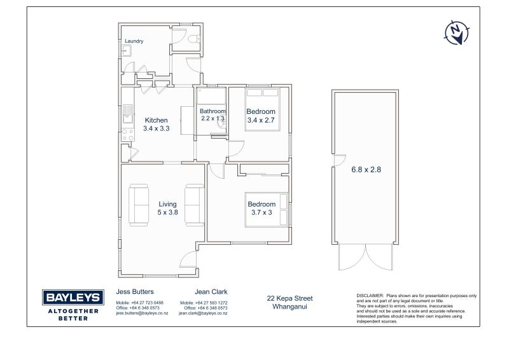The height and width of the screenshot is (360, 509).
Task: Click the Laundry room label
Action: point(134,41)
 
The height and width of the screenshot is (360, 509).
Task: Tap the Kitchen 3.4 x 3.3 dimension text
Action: point(156,128)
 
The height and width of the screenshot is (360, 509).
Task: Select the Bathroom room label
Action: point(213,111)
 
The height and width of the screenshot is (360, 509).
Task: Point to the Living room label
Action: point(167,204)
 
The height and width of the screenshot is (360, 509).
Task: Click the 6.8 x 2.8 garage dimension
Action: point(366,169)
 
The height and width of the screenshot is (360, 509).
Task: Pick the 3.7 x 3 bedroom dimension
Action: point(261,212)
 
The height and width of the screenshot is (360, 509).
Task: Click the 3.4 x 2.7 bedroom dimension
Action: point(261,120)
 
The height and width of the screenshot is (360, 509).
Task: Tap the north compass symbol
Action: point(456,32)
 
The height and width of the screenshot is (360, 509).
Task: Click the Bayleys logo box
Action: point(73,297)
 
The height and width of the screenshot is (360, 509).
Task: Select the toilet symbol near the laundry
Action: point(194,39)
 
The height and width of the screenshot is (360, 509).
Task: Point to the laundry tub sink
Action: point(126,51)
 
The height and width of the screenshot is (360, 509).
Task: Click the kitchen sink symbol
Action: point(128,114)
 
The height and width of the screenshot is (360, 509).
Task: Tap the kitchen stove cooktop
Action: point(128,135)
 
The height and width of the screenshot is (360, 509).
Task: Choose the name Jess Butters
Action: point(135,291)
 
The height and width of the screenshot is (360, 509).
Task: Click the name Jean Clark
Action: point(211,291)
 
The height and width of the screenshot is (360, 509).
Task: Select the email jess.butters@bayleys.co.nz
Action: point(142,314)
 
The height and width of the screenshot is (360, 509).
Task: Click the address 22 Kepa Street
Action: point(290,298)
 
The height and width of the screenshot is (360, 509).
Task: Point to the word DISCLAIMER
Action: point(370,296)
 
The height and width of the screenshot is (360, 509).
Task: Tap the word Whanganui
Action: point(290,307)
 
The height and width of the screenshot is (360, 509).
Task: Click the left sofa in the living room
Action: point(139,205)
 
